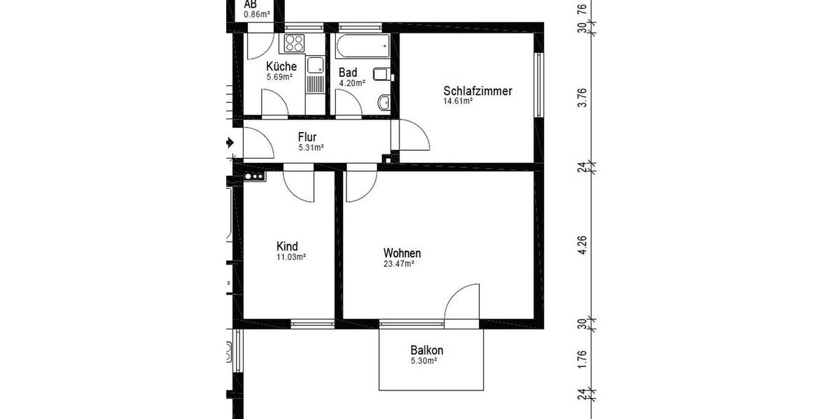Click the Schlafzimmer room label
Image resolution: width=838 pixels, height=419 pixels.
tap(478, 91)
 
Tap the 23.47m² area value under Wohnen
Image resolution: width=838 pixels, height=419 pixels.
tap(399, 264)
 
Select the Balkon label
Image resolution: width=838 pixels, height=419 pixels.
tap(427, 351)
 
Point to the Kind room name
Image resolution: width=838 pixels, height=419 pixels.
tap(287, 247)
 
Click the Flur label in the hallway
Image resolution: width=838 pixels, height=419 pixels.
tap(308, 137)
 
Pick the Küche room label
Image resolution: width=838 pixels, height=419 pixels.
tap(281, 66)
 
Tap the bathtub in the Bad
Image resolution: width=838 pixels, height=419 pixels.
tap(362, 47)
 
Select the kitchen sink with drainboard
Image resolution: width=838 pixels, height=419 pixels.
tap(315, 75)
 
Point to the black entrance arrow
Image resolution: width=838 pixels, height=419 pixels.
tap(230, 142)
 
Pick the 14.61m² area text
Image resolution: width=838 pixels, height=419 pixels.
tap(458, 101)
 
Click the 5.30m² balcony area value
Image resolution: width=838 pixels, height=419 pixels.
tap(424, 361)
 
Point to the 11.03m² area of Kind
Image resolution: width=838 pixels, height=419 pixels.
tap(291, 257)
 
